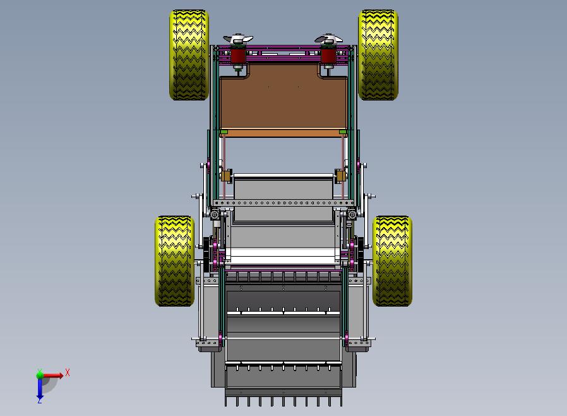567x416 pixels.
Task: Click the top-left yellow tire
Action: pyautogui.click(x=189, y=55)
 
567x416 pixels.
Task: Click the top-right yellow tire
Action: pyautogui.click(x=378, y=55)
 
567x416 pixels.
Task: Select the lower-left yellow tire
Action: pyautogui.click(x=175, y=261)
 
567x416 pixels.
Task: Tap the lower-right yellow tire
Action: pyautogui.click(x=392, y=261)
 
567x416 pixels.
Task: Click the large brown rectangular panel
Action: pyautogui.click(x=283, y=97)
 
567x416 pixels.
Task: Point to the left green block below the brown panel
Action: pyautogui.click(x=224, y=132)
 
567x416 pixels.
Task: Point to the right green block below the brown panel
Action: pyautogui.click(x=343, y=132)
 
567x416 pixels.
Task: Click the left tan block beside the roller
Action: pyautogui.click(x=226, y=176)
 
